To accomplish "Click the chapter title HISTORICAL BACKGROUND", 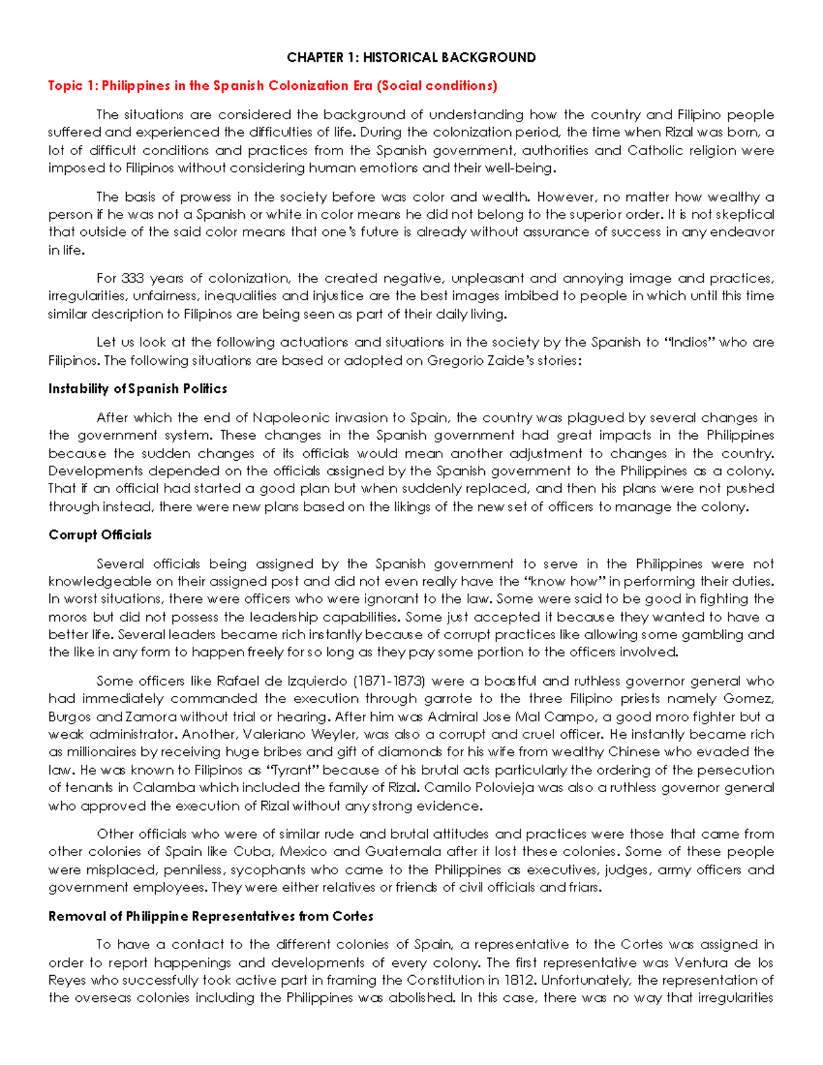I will [x=411, y=58].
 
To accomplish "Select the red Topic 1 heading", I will [x=272, y=86].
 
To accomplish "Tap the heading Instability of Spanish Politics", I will [x=137, y=389].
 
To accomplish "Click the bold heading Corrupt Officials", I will [x=100, y=535].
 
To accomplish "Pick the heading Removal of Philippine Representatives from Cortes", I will [x=211, y=916].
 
